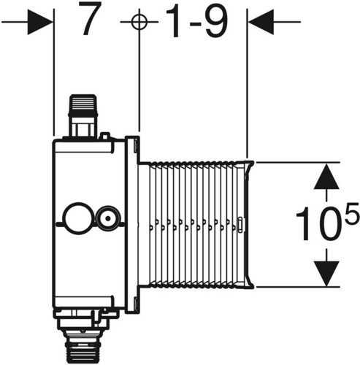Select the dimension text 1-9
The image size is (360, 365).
(196, 22)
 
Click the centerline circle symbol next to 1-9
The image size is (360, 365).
(139, 22)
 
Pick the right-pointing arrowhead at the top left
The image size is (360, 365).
(39, 22)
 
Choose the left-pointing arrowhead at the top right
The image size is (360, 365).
(261, 22)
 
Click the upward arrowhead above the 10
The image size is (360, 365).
(326, 176)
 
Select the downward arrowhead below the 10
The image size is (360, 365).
(326, 274)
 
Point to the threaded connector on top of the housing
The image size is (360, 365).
(83, 115)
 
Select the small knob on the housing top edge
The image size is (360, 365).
(105, 136)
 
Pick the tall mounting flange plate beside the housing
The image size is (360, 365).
(132, 224)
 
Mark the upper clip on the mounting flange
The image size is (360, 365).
(136, 145)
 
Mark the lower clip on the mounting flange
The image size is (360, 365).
(136, 304)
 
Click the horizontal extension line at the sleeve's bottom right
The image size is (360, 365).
(297, 287)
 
